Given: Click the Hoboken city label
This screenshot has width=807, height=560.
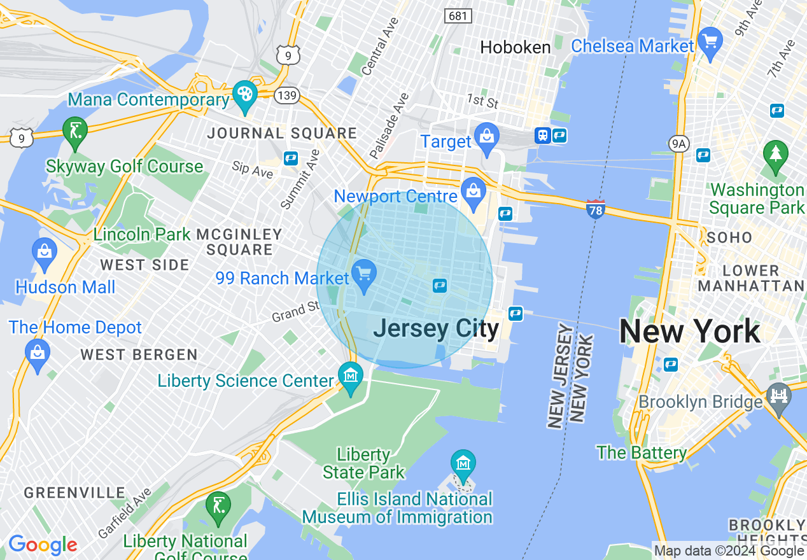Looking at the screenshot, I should pyautogui.click(x=515, y=47).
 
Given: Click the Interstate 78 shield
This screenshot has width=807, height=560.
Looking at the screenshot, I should pyautogui.click(x=595, y=209).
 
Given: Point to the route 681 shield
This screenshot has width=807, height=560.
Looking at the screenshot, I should pyautogui.click(x=458, y=15).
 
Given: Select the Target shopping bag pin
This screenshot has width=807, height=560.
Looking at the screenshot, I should pyautogui.click(x=487, y=136).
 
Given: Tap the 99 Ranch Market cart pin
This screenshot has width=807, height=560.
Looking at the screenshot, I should pyautogui.click(x=364, y=274).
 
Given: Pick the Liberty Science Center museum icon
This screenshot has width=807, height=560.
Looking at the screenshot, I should pyautogui.click(x=351, y=376).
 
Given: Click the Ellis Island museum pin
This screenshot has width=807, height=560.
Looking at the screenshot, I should pyautogui.click(x=463, y=464).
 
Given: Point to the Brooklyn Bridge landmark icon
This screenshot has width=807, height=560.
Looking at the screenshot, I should pyautogui.click(x=778, y=397).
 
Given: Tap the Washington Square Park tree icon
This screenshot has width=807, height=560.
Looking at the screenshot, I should pyautogui.click(x=775, y=154).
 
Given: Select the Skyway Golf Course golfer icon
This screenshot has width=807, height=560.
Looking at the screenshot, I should pyautogui.click(x=75, y=131).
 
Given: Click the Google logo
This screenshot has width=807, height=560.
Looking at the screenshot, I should pyautogui.click(x=43, y=545).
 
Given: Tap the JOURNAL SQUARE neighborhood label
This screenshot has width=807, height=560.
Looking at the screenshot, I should pyautogui.click(x=282, y=134).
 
